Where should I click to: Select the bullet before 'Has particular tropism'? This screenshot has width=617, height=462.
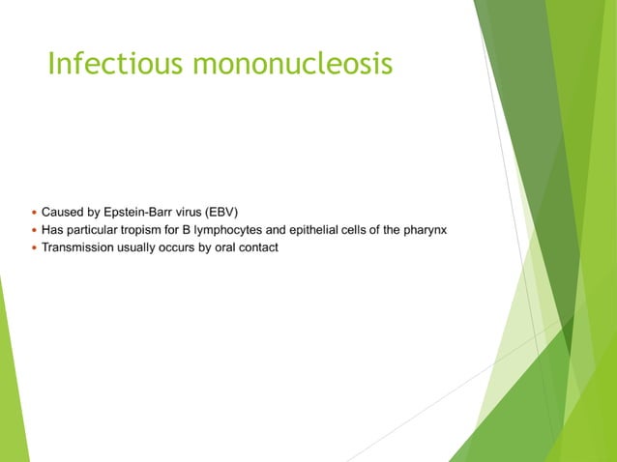click(x=33, y=230)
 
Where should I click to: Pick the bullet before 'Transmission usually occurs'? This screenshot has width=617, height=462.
click(x=33, y=248)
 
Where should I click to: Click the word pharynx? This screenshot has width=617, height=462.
click(x=423, y=230)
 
